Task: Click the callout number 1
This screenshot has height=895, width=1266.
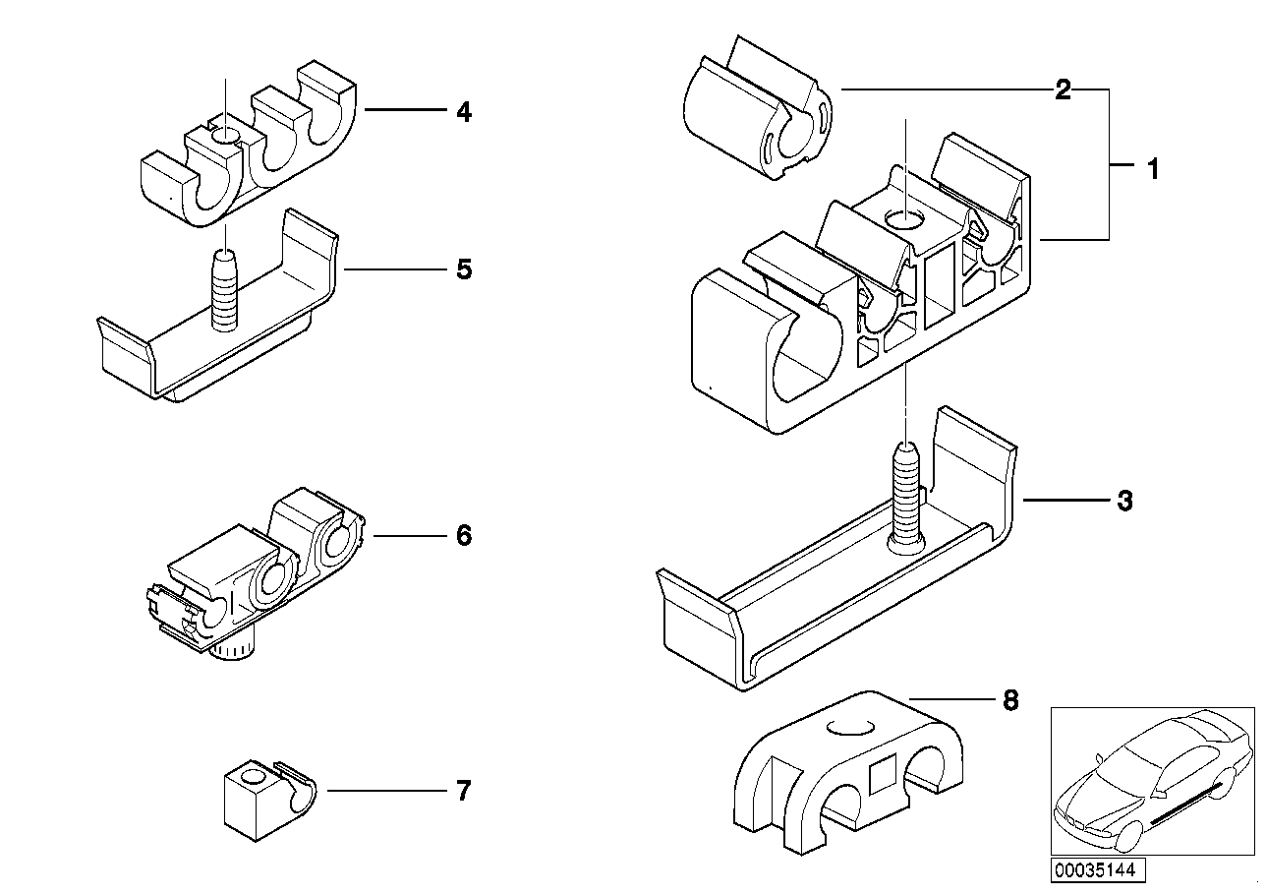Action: point(1153,169)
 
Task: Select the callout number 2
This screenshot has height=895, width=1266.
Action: point(1063,89)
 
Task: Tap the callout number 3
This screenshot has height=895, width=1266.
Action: point(1124,501)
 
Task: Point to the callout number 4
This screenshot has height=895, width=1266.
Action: point(464,112)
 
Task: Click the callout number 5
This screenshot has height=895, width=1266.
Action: point(464,269)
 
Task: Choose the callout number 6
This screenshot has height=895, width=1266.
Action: point(464,535)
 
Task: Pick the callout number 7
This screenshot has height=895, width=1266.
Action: point(464,791)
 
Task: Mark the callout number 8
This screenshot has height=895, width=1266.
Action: point(1010,700)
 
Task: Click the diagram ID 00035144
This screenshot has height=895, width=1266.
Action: point(1097,870)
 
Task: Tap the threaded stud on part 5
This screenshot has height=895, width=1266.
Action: point(225,290)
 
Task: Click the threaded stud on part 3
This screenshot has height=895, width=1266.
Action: point(906,498)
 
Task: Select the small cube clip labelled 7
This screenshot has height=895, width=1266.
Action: point(270,801)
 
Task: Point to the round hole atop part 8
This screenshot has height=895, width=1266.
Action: point(850,728)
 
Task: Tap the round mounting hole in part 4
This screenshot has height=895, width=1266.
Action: point(225,137)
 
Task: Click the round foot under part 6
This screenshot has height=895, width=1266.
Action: point(233,650)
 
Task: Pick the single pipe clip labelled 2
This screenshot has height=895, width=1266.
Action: point(757,108)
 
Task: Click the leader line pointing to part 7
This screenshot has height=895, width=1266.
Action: point(387,791)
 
